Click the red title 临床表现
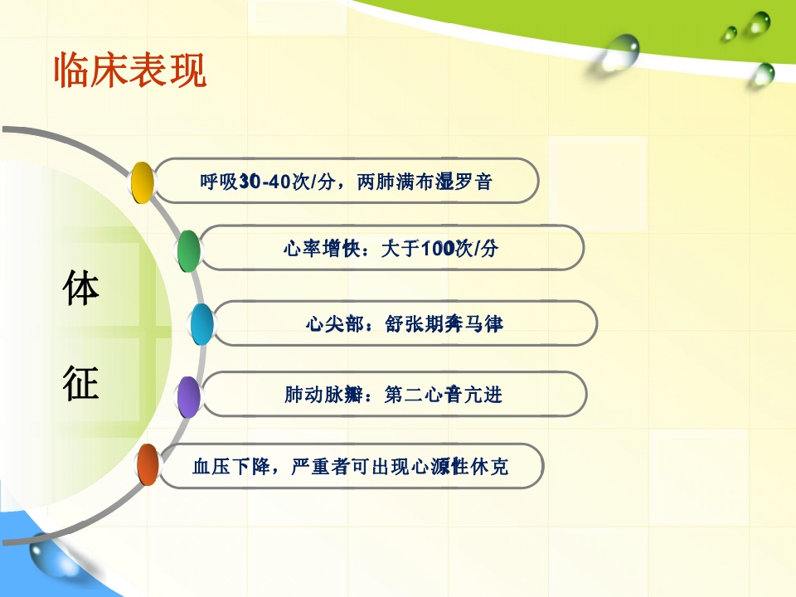(x=129, y=71)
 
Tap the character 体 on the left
(x=81, y=289)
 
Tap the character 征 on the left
(x=81, y=383)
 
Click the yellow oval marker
(x=143, y=182)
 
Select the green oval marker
(x=189, y=250)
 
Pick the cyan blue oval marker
(x=201, y=324)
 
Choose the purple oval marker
(x=190, y=396)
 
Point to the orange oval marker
(x=148, y=465)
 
